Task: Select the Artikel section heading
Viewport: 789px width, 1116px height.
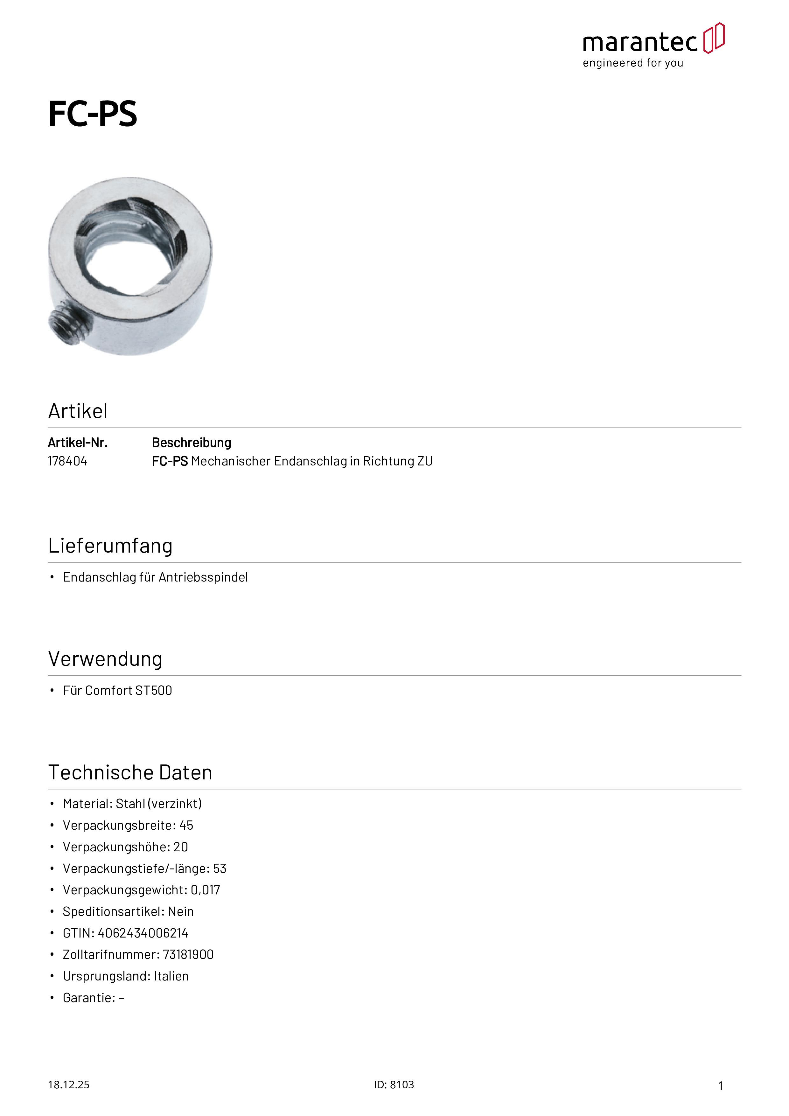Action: (x=78, y=411)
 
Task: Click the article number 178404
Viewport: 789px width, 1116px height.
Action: (x=67, y=461)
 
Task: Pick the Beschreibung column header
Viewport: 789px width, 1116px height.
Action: (x=192, y=443)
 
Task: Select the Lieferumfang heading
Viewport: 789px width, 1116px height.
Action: (x=110, y=546)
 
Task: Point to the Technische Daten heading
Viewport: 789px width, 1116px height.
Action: (x=130, y=772)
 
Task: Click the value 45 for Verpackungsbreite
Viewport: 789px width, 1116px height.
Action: (x=186, y=825)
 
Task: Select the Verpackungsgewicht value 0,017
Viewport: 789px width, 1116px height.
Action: (x=205, y=890)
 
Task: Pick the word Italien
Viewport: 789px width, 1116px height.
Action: (x=171, y=977)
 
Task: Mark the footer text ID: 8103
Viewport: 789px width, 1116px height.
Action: (x=394, y=1085)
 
